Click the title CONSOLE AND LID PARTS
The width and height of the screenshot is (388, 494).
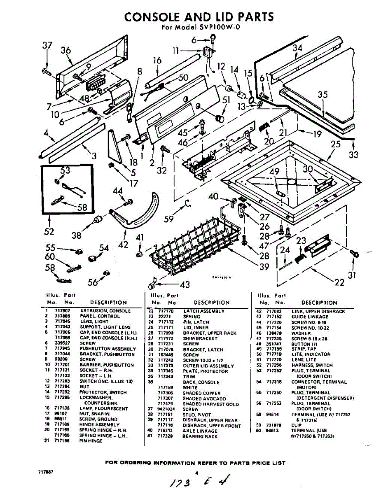pyautogui.click(x=199, y=17)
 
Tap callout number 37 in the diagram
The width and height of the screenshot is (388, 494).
pyautogui.click(x=47, y=46)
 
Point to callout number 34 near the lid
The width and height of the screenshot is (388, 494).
pyautogui.click(x=297, y=48)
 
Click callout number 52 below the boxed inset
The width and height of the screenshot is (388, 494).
pyautogui.click(x=49, y=231)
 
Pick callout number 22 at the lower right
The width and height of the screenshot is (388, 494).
pyautogui.click(x=339, y=282)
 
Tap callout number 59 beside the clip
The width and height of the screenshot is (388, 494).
pyautogui.click(x=169, y=219)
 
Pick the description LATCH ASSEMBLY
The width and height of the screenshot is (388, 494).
pyautogui.click(x=203, y=311)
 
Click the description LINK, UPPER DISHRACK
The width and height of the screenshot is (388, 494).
pyautogui.click(x=318, y=312)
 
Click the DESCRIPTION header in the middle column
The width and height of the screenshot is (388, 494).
pyautogui.click(x=211, y=303)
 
